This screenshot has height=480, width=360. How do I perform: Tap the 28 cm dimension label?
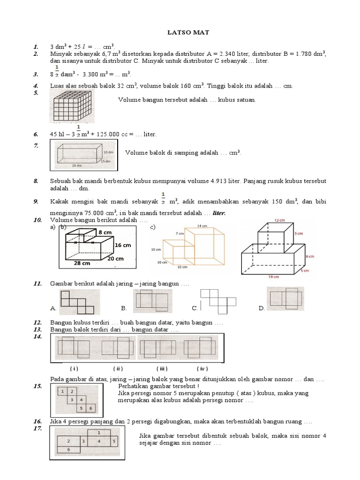pos(82,263)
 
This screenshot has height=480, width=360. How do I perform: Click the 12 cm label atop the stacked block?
pos(280,220)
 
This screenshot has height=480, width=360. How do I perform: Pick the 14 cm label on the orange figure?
pos(202,225)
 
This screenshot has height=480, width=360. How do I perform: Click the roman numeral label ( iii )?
pos(162,368)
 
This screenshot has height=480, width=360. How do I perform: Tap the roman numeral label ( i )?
pos(74,368)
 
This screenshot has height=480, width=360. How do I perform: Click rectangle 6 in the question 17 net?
pos(68,450)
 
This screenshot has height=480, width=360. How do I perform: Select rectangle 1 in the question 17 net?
pos(99,432)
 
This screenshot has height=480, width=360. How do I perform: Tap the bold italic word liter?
pos(219,213)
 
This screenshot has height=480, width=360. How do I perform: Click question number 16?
pos(38,421)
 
